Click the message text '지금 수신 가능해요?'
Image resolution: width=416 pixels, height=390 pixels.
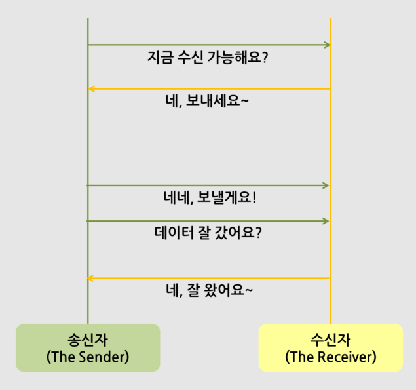208,58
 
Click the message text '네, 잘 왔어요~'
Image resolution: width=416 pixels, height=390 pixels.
209,290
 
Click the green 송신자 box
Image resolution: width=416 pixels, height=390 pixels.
88,347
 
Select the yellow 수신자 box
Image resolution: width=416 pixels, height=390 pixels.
330,347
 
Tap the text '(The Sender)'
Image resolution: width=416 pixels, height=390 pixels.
88,358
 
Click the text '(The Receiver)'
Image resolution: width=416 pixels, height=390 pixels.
331,358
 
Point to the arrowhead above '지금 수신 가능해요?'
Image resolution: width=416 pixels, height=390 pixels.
326,45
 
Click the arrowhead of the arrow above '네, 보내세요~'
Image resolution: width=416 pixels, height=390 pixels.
92,89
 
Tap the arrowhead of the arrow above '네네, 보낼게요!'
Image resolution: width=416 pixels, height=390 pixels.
325,185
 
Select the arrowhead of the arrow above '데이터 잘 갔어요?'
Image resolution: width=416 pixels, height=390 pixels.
325,221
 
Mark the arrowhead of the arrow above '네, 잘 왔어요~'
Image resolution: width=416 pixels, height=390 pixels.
92,279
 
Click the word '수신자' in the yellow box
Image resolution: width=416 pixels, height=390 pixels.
331,340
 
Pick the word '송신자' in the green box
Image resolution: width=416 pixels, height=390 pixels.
88,340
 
